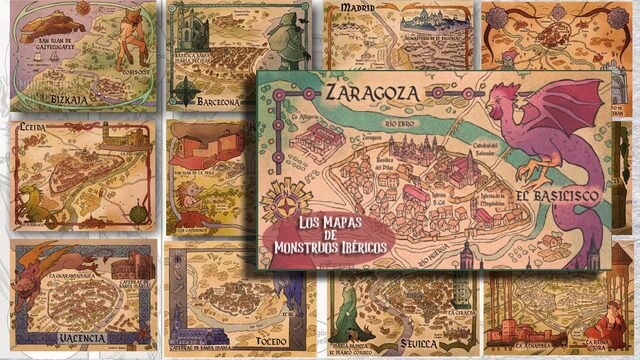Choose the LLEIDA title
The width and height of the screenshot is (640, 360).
click(35, 129)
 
